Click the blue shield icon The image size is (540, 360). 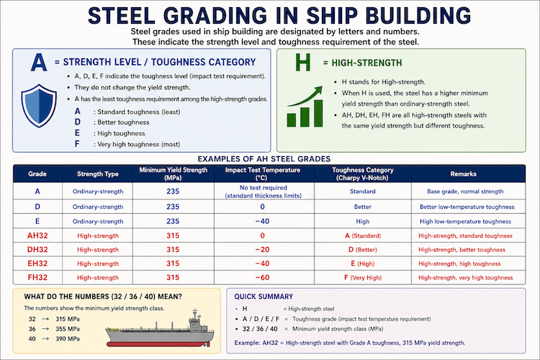coord(39,105)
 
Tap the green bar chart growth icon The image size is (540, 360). coord(305,107)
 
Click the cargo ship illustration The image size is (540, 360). coord(160,328)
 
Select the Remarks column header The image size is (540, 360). coord(463,174)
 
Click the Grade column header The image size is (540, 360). coord(37,174)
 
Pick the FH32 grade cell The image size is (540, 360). coord(37,277)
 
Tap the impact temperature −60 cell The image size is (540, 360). coord(262,277)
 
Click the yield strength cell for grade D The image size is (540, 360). coord(173,207)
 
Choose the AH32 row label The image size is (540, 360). coord(37,235)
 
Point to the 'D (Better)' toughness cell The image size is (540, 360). coord(363,250)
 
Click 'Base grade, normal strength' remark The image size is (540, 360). coord(465,192)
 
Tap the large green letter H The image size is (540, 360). coord(303,63)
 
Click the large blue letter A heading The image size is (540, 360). coord(39,63)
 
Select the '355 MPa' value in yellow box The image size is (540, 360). coord(68,329)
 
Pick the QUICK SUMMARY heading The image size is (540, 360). coord(264,297)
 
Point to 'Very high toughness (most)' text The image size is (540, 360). coord(138,144)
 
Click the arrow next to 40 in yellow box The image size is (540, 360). coord(45,339)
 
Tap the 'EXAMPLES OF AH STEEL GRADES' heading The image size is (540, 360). coord(264,159)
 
